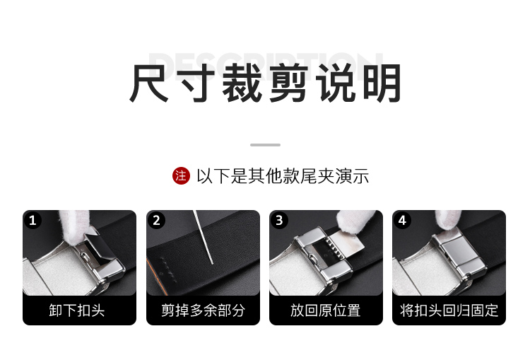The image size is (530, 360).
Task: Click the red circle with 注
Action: pyautogui.click(x=181, y=176)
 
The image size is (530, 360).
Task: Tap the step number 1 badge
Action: pyautogui.click(x=33, y=220)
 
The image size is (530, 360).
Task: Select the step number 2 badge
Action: pyautogui.click(x=156, y=220)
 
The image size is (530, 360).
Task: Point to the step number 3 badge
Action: pyautogui.click(x=279, y=220)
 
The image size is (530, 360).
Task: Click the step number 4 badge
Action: pyautogui.click(x=402, y=220)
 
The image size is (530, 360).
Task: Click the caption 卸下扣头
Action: pyautogui.click(x=77, y=310)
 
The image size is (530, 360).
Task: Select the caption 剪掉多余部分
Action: pyautogui.click(x=203, y=310)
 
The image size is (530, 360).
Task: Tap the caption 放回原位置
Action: pyautogui.click(x=326, y=310)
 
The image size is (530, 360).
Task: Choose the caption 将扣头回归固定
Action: pyautogui.click(x=449, y=310)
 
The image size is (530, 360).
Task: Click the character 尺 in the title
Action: pyautogui.click(x=149, y=83)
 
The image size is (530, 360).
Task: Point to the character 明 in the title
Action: pyautogui.click(x=382, y=83)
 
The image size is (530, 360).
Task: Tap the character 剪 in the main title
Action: pyautogui.click(x=288, y=83)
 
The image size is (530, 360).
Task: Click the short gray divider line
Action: pyautogui.click(x=265, y=145)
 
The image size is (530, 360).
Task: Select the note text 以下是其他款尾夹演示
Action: pyautogui.click(x=283, y=176)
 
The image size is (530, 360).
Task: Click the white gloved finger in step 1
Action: pyautogui.click(x=74, y=227)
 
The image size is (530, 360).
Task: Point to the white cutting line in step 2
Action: pyautogui.click(x=203, y=237)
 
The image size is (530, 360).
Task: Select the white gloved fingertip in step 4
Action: pyautogui.click(x=448, y=220)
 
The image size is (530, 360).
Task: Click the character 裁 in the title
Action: pyautogui.click(x=242, y=83)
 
